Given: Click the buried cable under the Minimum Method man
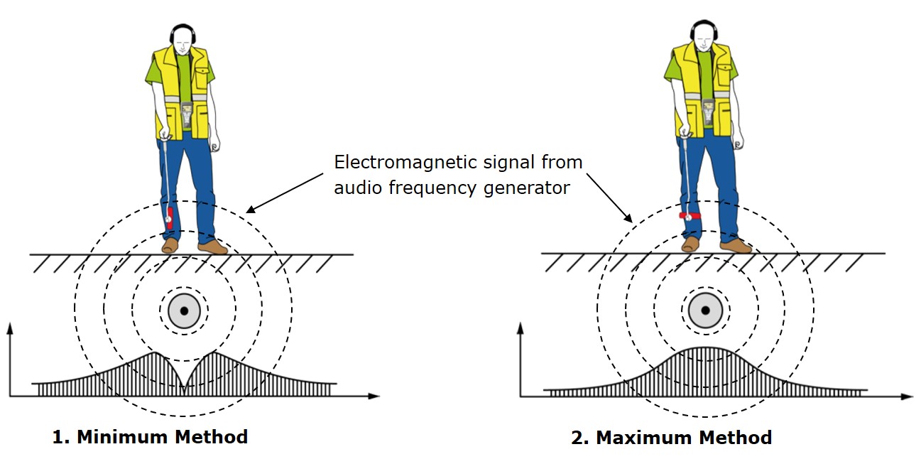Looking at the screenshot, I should click(184, 310).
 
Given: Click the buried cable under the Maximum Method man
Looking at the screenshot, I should click(705, 310).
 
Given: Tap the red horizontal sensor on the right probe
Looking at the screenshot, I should click(690, 215).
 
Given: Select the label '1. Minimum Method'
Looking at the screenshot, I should click(150, 437).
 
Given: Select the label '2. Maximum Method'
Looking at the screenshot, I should click(671, 438).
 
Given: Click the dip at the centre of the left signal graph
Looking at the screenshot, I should click(184, 387).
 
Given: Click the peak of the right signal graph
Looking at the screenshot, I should click(705, 348).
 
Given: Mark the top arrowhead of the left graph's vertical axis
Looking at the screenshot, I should click(9, 328).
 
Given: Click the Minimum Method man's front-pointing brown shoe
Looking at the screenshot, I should click(170, 246).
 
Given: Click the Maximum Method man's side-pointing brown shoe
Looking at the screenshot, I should click(736, 246).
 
